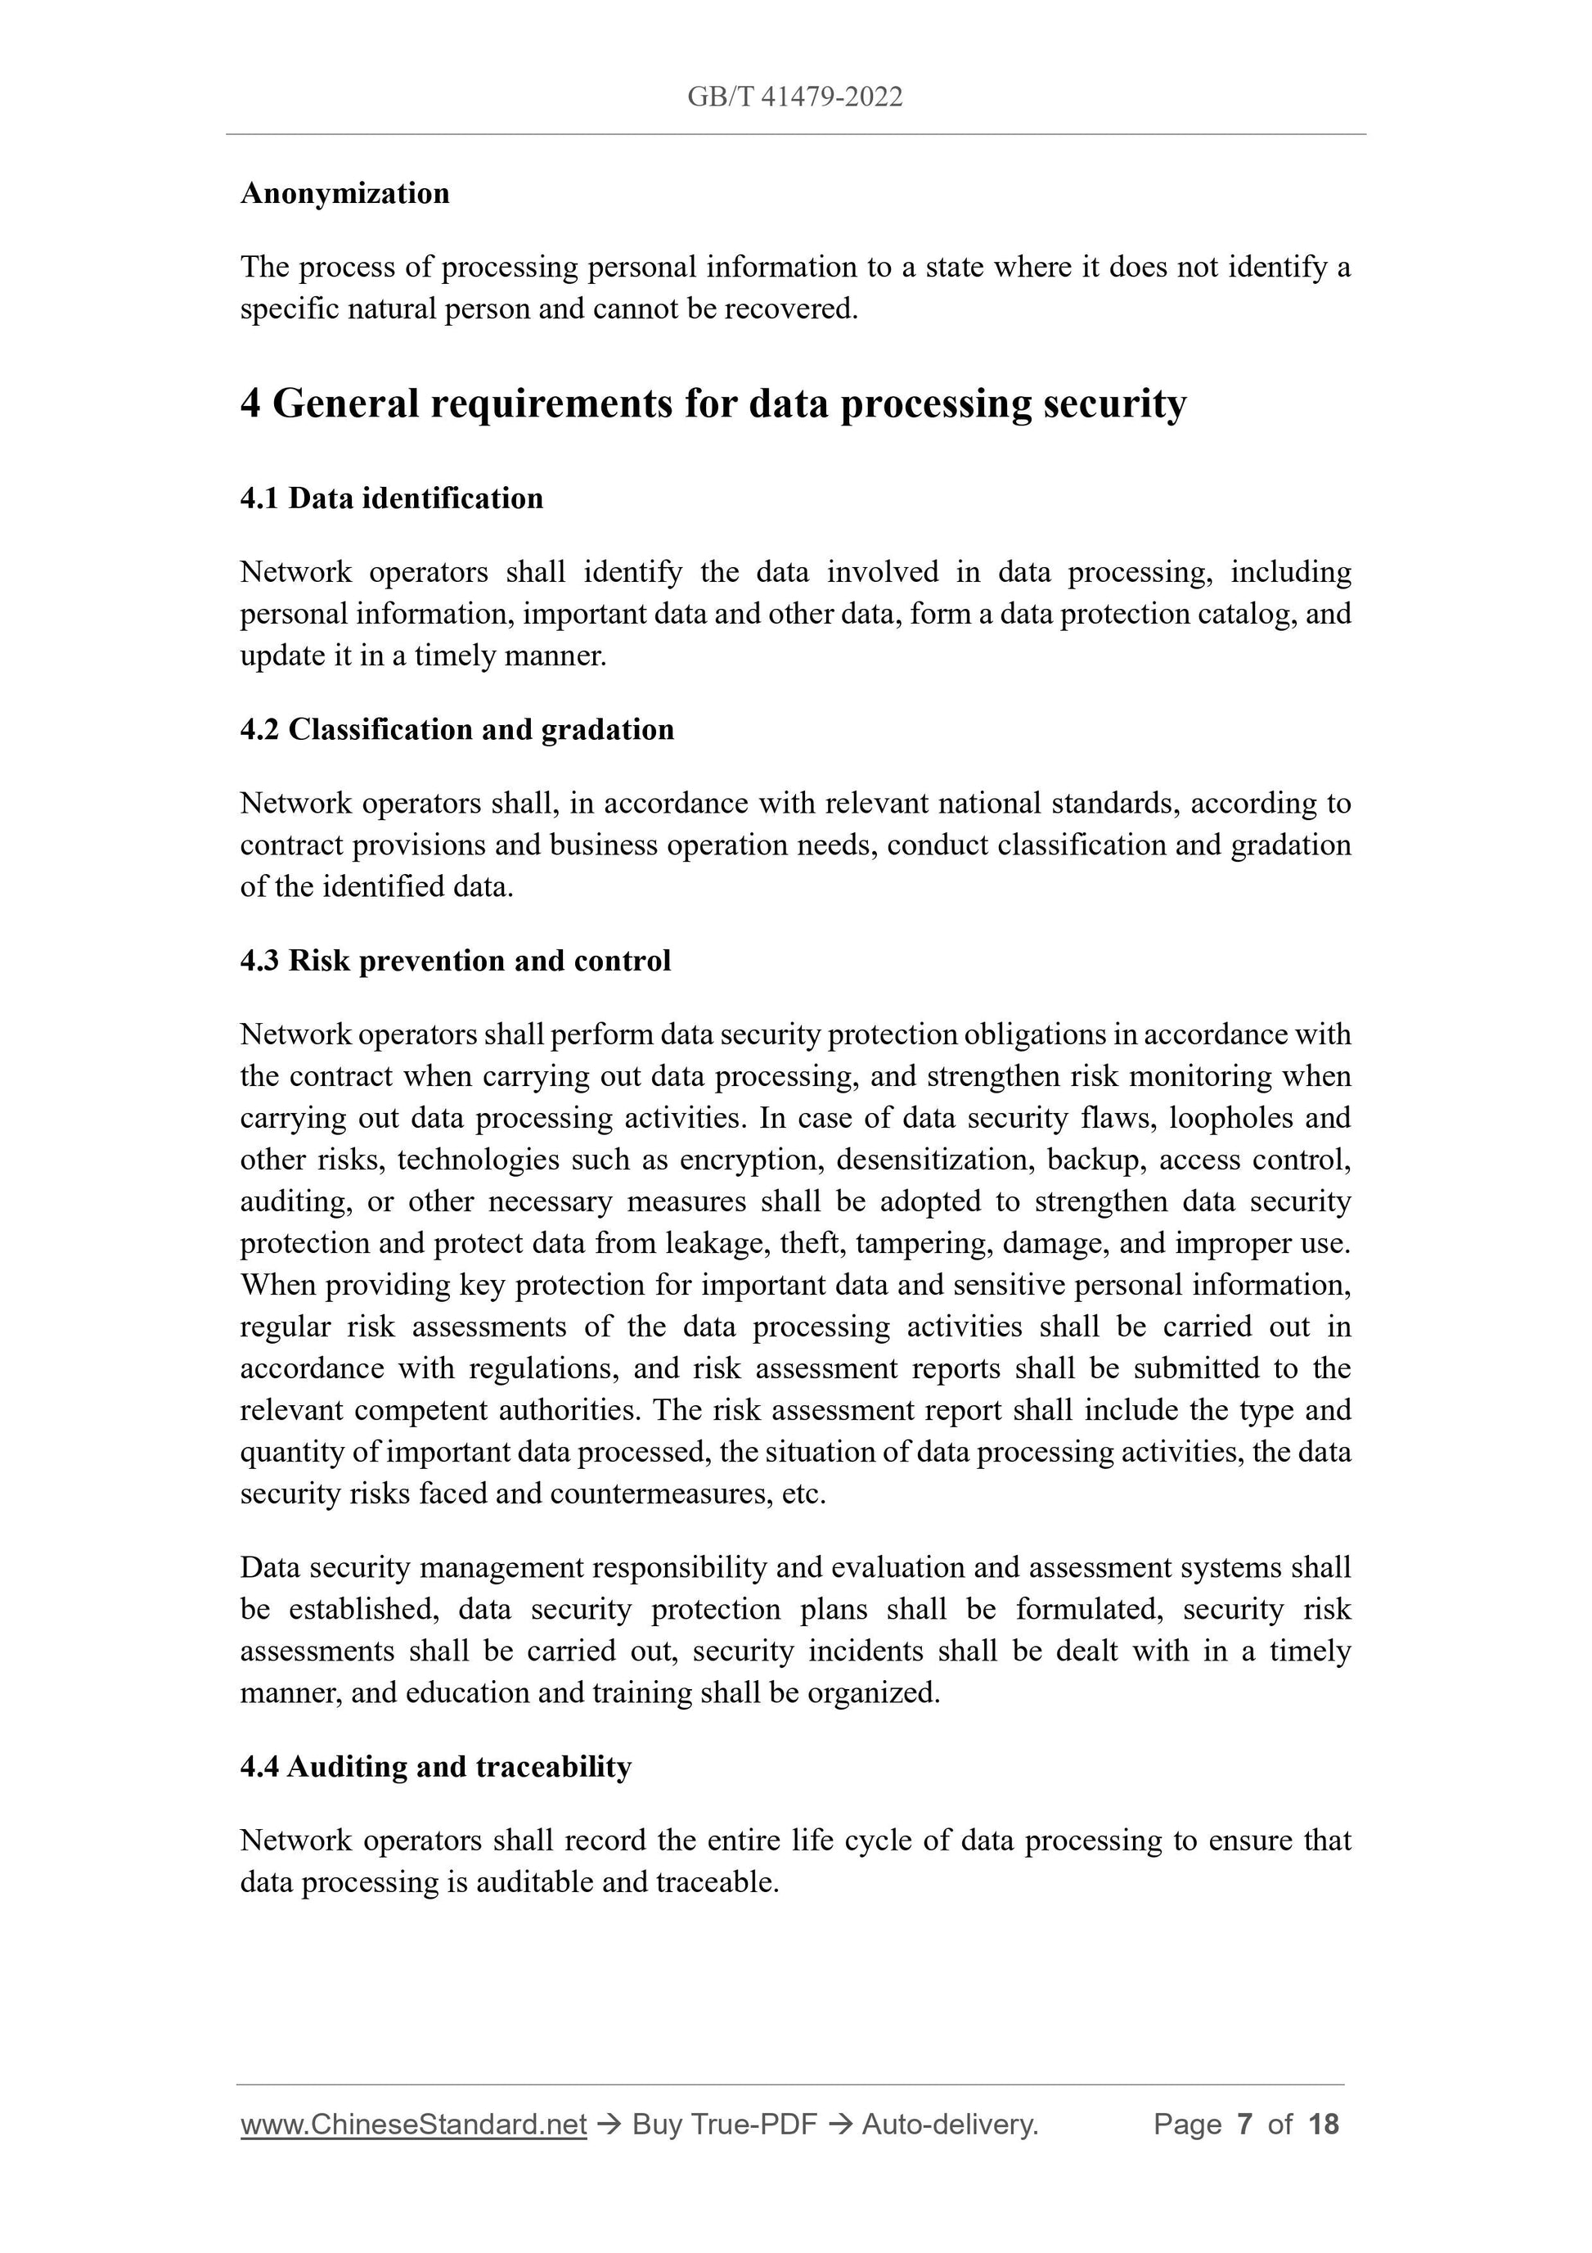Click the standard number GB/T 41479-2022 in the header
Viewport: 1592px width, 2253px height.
click(794, 97)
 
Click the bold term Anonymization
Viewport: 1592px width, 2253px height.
click(345, 193)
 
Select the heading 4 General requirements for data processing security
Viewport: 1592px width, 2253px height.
click(713, 403)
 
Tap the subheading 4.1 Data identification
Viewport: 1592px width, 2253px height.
click(391, 498)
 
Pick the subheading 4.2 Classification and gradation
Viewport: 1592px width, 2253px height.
click(457, 729)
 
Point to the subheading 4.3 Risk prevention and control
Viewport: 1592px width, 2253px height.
click(455, 960)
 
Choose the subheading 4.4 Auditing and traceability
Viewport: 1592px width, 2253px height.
click(435, 1766)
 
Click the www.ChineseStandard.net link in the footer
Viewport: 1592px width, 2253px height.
click(413, 2125)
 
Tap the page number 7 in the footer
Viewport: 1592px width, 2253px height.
click(1245, 2125)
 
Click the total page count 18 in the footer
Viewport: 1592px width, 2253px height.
click(1323, 2125)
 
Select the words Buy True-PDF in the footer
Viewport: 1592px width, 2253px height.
click(724, 2125)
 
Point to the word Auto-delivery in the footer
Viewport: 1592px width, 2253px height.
click(948, 2125)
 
